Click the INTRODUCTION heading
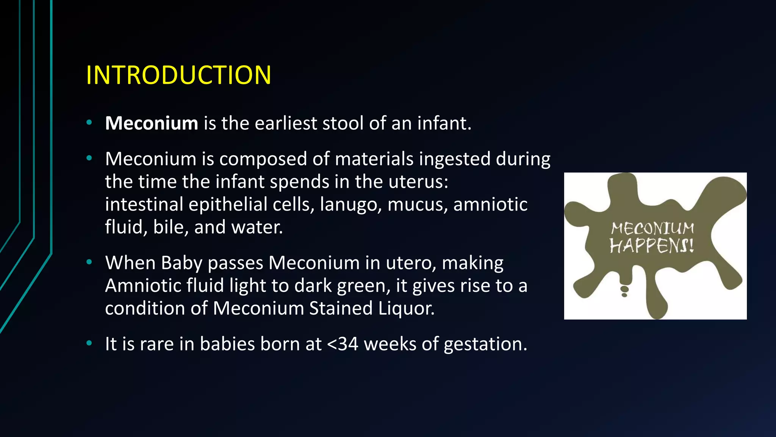pyautogui.click(x=178, y=75)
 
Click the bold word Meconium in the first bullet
pyautogui.click(x=152, y=123)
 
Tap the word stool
pyautogui.click(x=343, y=123)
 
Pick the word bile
pyautogui.click(x=170, y=228)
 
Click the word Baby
pyautogui.click(x=181, y=263)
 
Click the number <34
pyautogui.click(x=343, y=344)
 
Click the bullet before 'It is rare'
pyautogui.click(x=89, y=343)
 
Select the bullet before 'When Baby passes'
pyautogui.click(x=89, y=262)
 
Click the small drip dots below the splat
pyautogui.click(x=624, y=291)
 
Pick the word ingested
pyautogui.click(x=455, y=159)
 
